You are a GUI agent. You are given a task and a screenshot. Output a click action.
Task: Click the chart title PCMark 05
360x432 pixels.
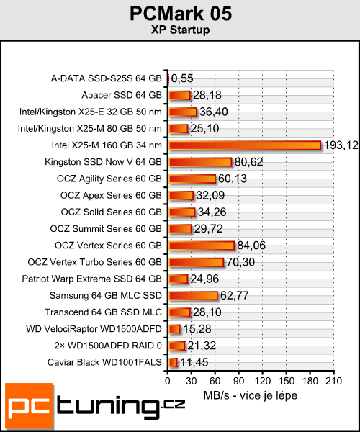click(181, 14)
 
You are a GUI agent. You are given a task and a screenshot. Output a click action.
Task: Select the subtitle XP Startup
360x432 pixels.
click(181, 30)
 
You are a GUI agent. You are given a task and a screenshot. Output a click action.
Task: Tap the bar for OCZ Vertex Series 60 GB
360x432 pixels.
click(201, 246)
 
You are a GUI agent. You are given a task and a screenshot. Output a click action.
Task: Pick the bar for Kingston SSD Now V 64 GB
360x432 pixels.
click(199, 162)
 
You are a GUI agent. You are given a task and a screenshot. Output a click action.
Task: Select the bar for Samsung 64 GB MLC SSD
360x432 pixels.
click(192, 295)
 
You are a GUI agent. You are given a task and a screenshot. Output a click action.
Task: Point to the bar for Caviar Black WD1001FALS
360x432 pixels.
click(172, 362)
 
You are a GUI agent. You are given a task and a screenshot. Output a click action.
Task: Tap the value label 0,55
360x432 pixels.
click(182, 78)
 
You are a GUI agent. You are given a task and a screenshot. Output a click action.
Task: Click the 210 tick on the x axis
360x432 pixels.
click(333, 381)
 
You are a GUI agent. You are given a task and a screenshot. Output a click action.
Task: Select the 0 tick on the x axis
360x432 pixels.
click(168, 381)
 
